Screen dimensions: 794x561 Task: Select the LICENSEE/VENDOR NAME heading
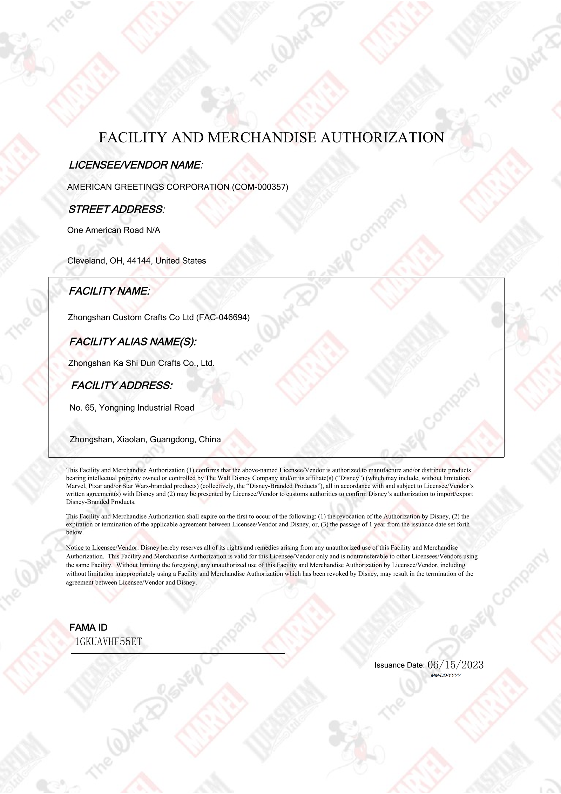[136, 165]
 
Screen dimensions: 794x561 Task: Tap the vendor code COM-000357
[260, 187]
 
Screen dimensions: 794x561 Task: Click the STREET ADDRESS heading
[116, 210]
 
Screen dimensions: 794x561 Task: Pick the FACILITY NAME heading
[109, 291]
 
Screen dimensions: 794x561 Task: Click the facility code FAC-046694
[223, 318]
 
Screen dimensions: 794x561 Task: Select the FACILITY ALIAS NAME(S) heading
[133, 342]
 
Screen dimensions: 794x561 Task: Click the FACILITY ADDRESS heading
[122, 386]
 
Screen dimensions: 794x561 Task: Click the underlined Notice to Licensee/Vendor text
[101, 548]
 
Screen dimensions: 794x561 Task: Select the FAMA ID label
[88, 627]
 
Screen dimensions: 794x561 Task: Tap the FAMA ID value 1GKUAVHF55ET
[108, 642]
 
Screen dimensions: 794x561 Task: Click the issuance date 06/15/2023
[455, 665]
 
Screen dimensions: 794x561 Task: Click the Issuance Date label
[399, 665]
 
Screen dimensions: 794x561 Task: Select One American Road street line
[114, 230]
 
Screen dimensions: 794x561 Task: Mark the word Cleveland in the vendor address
[86, 261]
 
